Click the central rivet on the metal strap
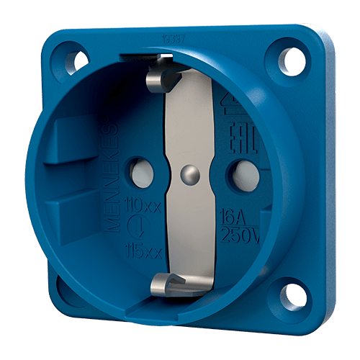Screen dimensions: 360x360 point(189,173)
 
